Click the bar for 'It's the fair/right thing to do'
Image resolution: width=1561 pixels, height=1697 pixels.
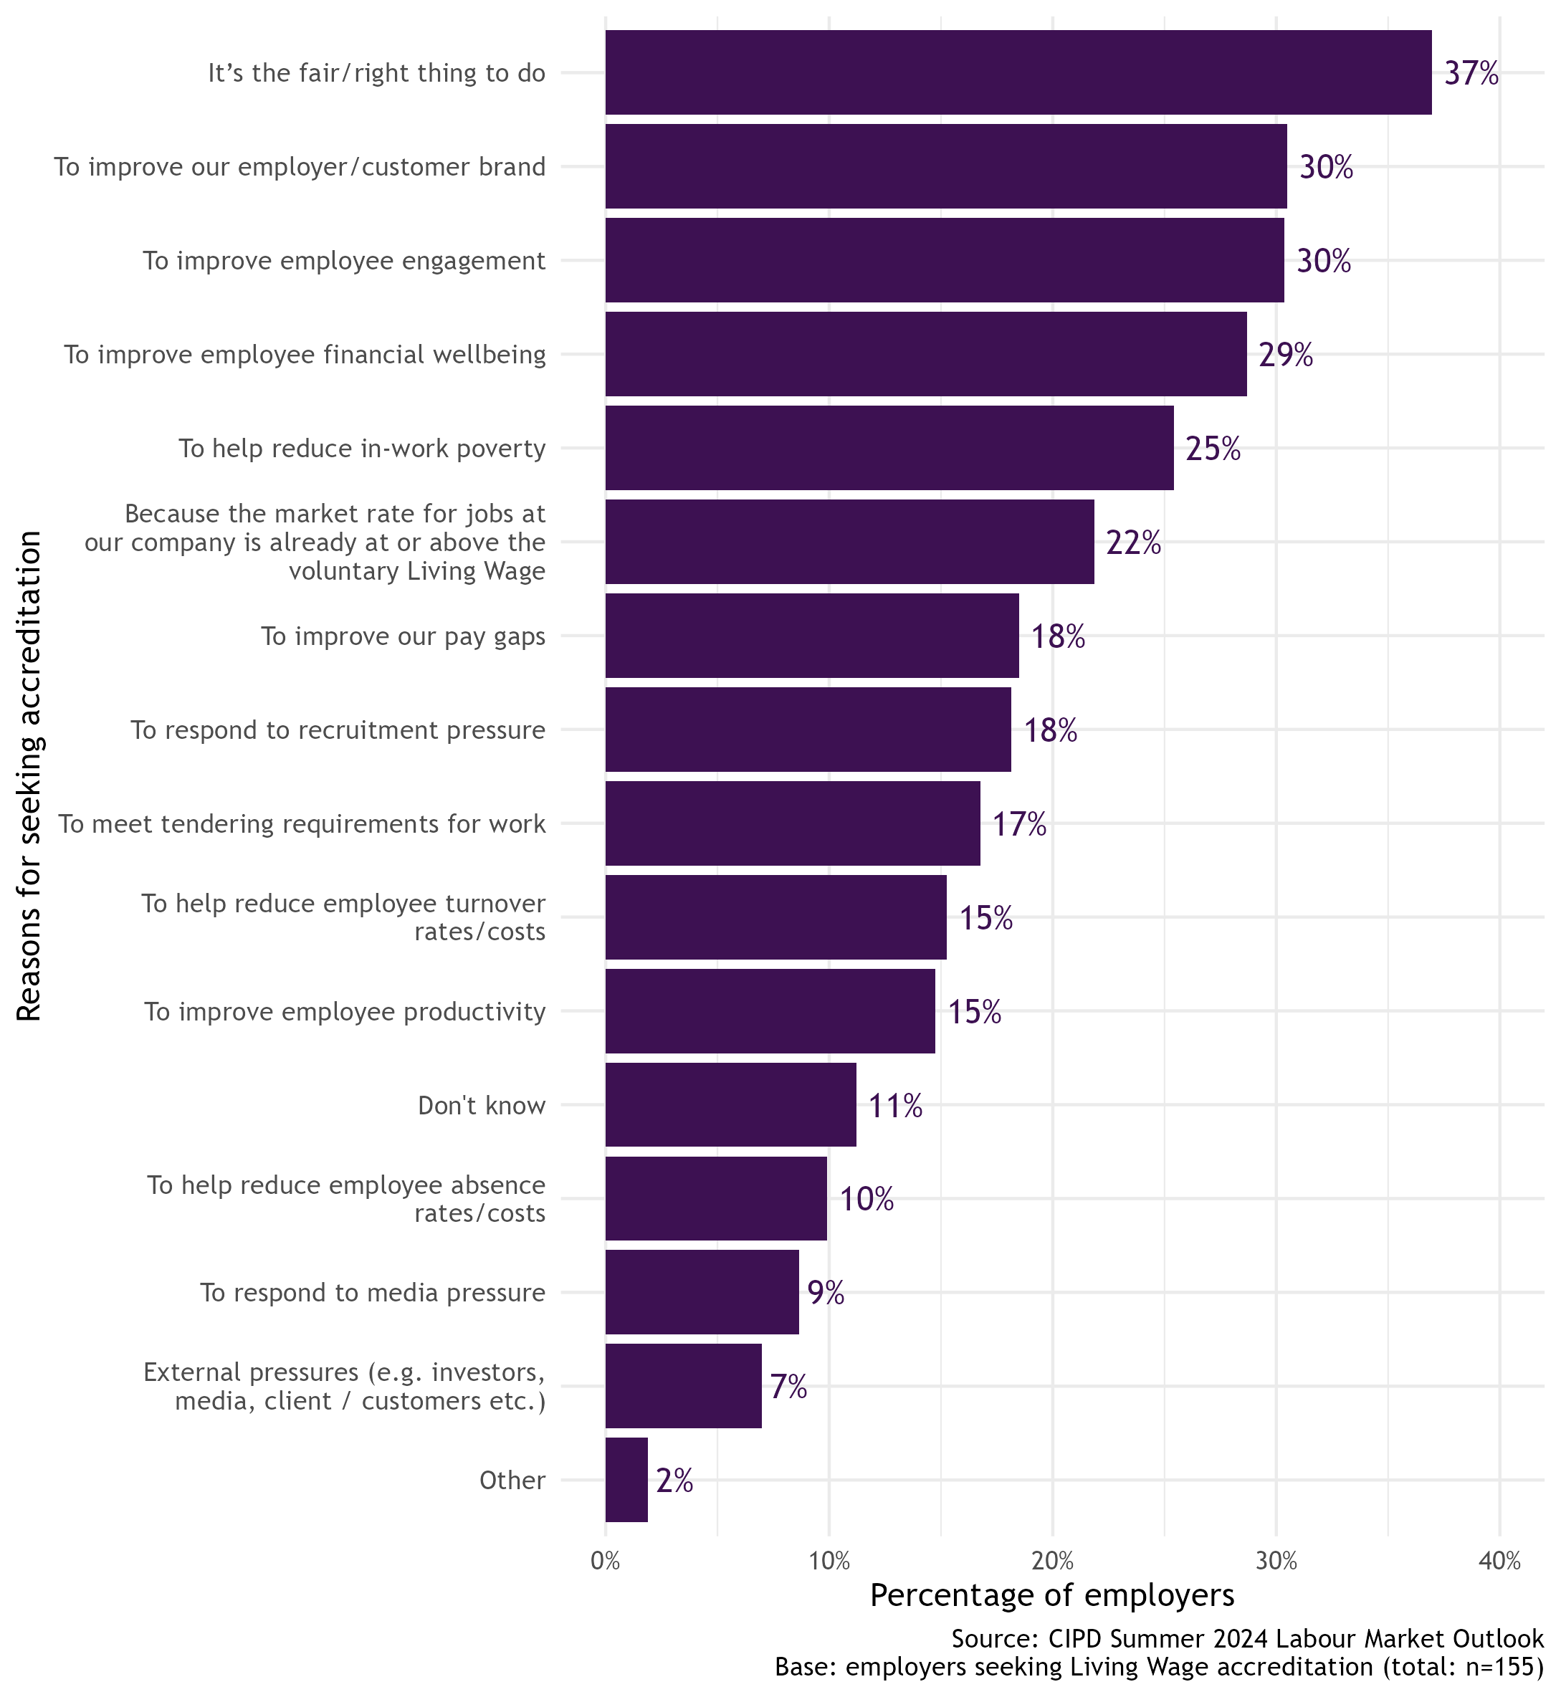[1018, 72]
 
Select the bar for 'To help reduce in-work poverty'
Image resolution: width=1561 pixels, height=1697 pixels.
[889, 448]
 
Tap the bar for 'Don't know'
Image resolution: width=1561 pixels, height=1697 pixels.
[730, 1104]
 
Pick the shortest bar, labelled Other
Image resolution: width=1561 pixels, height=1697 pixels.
[626, 1480]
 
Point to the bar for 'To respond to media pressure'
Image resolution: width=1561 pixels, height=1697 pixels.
[701, 1292]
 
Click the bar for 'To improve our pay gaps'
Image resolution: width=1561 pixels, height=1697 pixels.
[812, 635]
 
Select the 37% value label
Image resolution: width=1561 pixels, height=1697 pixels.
[1471, 75]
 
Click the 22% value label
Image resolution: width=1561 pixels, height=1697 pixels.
[1132, 543]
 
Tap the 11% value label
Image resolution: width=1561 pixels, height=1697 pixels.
[894, 1106]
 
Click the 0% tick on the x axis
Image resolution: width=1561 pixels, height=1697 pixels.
[606, 1561]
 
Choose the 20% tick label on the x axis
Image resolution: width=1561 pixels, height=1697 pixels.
[1052, 1561]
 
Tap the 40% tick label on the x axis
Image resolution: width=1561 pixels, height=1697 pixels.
[1499, 1561]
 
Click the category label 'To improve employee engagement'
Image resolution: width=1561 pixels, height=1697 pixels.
[344, 261]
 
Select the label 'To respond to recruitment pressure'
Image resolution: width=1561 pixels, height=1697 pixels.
[338, 730]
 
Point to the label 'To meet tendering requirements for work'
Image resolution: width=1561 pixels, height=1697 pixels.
[302, 823]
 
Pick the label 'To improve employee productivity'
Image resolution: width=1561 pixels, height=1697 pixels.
[345, 1011]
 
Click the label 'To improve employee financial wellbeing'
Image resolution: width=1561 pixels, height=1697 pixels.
[305, 355]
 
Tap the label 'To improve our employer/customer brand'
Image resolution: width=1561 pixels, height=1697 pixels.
[300, 167]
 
